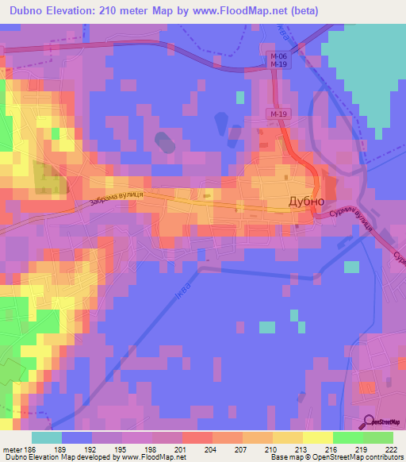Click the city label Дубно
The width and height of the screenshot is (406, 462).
click(x=304, y=202)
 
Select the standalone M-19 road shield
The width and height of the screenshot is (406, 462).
click(x=277, y=115)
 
